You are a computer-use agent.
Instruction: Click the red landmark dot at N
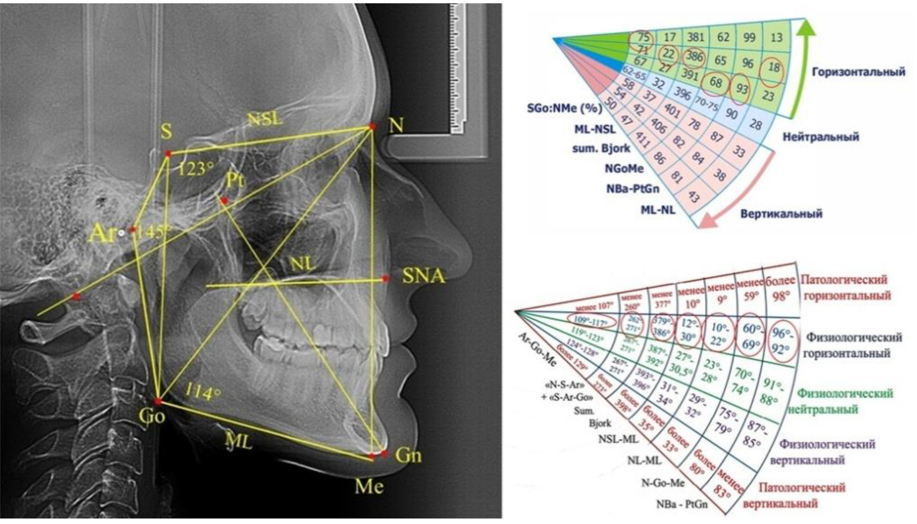pyautogui.click(x=373, y=126)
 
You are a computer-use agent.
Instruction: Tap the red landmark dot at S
pyautogui.click(x=168, y=154)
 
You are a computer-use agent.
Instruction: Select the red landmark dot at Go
pyautogui.click(x=157, y=401)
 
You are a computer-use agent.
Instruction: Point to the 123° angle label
pyautogui.click(x=195, y=168)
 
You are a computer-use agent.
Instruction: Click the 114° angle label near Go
pyautogui.click(x=203, y=393)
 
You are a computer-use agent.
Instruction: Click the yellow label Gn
pyautogui.click(x=409, y=455)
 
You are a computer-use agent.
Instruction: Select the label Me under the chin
pyautogui.click(x=369, y=486)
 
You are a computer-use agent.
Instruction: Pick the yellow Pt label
pyautogui.click(x=235, y=181)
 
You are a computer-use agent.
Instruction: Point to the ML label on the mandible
pyautogui.click(x=238, y=440)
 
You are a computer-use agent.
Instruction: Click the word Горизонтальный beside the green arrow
pyautogui.click(x=858, y=72)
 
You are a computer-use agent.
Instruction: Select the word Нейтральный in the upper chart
pyautogui.click(x=820, y=136)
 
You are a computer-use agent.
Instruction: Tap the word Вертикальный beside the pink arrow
pyautogui.click(x=781, y=214)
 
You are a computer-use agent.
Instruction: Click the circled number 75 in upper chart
pyautogui.click(x=644, y=38)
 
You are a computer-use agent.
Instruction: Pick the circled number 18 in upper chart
pyautogui.click(x=774, y=68)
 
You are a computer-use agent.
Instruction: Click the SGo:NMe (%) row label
pyautogui.click(x=563, y=108)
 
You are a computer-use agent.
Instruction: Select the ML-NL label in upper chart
pyautogui.click(x=657, y=210)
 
